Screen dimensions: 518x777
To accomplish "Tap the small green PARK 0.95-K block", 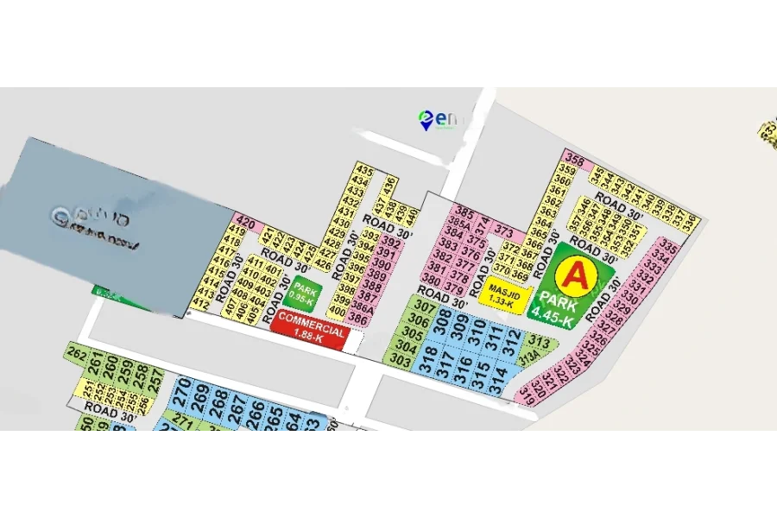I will point(303,294).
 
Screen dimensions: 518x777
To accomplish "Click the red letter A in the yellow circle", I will point(573,276).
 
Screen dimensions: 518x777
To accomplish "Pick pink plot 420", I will point(245,223).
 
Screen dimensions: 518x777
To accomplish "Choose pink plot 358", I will point(575,162).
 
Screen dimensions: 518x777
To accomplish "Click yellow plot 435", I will point(363,169).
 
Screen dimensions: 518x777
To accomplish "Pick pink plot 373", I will point(504,233).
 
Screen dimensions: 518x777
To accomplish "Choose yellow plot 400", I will point(338,311).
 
